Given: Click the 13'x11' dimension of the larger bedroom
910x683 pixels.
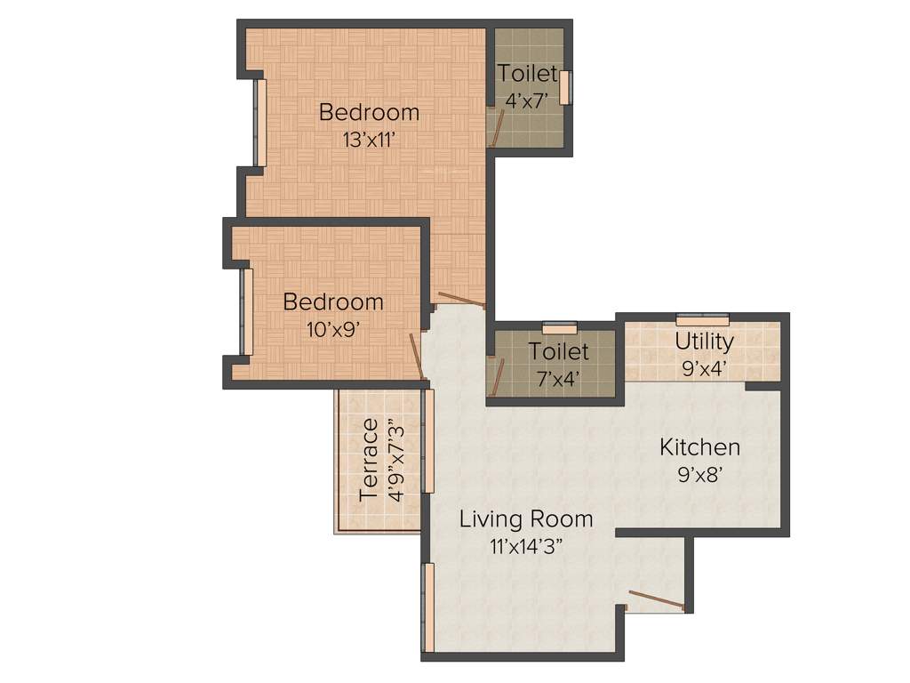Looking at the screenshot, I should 369,140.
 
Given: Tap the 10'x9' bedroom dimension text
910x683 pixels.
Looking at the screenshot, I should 333,329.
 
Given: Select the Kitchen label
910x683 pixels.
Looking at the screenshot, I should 699,447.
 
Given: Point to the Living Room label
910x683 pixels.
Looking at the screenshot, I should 525,518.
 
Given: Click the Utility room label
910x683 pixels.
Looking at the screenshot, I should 704,341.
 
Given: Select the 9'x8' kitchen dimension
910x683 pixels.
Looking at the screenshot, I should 699,475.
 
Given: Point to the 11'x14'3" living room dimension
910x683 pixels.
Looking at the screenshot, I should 525,547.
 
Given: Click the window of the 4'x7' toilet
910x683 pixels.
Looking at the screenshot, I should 564,87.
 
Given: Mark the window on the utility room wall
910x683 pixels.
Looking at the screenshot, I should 702,319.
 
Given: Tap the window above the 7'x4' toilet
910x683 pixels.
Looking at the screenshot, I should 560,326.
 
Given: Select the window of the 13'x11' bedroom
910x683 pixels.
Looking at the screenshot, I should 261,123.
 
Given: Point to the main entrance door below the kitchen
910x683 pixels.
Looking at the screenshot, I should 656,601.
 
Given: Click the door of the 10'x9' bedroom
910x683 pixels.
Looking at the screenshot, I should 416,356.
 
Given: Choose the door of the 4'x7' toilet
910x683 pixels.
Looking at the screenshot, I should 499,129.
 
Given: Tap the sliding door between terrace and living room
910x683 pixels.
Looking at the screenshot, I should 427,440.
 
